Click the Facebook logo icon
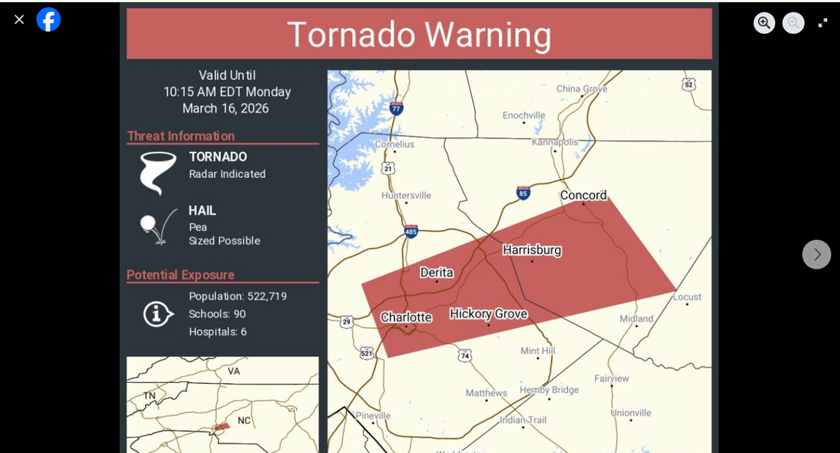point(48,20)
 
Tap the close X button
point(19,20)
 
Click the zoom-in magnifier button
point(764,22)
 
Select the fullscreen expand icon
point(822,22)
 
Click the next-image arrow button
point(816,254)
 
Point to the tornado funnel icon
point(157,172)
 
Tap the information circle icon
point(158,314)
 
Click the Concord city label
point(583,195)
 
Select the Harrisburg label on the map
point(531,250)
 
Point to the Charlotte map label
point(406,317)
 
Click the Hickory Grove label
point(488,314)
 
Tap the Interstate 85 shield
point(523,193)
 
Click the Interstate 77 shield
point(396,108)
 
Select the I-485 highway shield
point(411,231)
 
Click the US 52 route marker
point(688,84)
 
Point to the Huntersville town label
point(406,195)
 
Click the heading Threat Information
point(181,136)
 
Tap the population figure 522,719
point(267,296)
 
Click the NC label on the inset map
point(244,420)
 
